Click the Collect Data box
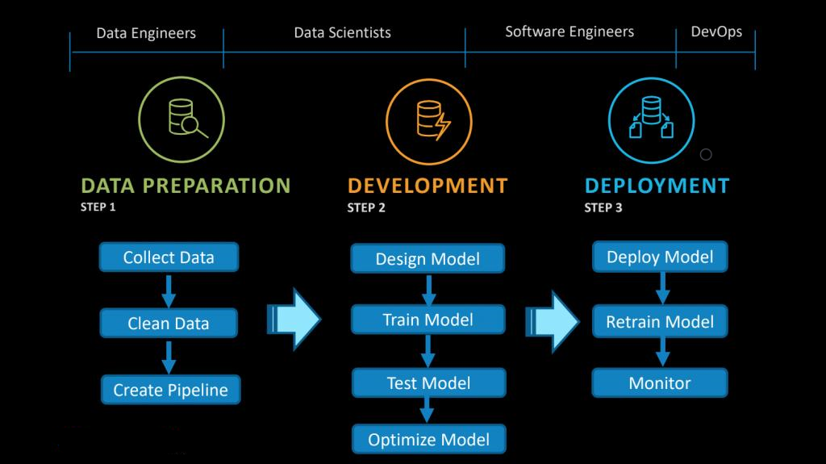click(x=169, y=257)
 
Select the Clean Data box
click(x=169, y=323)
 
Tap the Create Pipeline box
click(x=171, y=390)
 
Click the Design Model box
click(x=428, y=258)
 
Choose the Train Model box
click(x=428, y=320)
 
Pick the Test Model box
click(x=429, y=382)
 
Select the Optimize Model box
click(x=429, y=439)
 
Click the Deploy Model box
click(x=660, y=257)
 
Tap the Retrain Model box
click(x=660, y=321)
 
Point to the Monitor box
click(x=660, y=382)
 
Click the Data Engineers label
click(x=146, y=33)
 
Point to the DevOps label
click(x=716, y=31)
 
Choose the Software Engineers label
click(x=569, y=31)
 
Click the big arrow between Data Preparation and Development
click(x=294, y=319)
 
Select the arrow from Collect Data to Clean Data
click(x=169, y=291)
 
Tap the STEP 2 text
click(x=366, y=207)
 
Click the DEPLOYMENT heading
click(x=657, y=186)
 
